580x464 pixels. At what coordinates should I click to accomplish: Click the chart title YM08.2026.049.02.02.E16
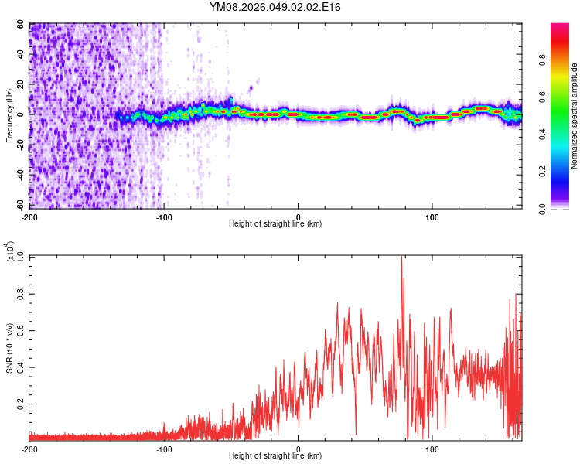(x=275, y=8)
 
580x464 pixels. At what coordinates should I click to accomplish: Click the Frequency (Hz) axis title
(x=9, y=116)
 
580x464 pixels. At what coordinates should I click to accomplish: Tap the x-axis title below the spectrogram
(x=275, y=224)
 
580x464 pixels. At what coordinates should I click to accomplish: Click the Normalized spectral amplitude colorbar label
(x=575, y=116)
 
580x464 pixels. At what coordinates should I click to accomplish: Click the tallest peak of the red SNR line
(x=401, y=258)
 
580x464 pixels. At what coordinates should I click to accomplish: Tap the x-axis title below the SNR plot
(x=275, y=456)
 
